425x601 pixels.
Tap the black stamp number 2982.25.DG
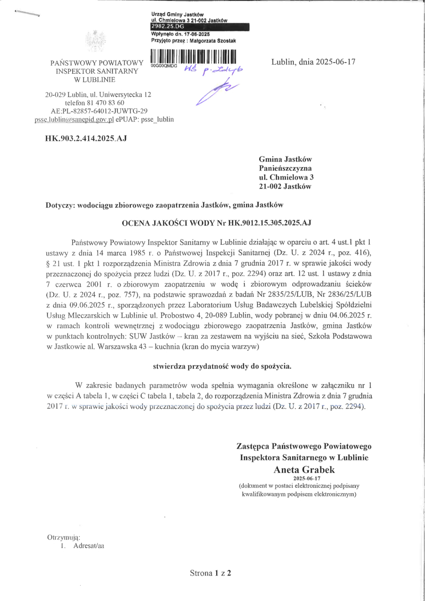point(167,25)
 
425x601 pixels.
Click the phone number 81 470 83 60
point(108,102)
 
